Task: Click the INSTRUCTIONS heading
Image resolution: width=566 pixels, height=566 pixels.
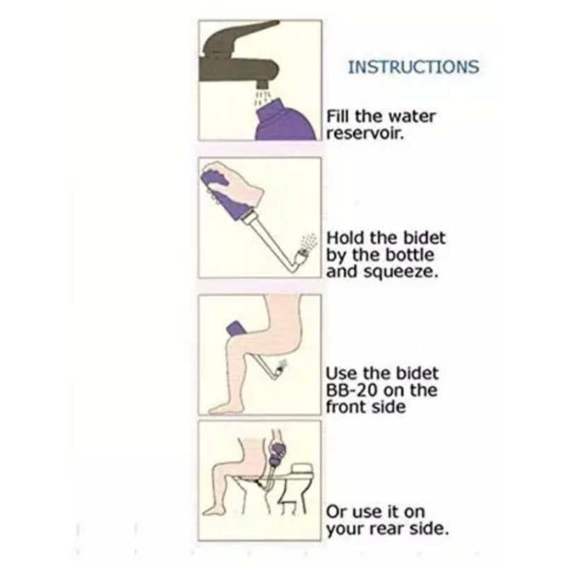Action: (414, 67)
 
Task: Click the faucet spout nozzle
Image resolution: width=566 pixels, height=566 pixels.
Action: (262, 84)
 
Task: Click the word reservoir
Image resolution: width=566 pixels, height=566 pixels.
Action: (364, 134)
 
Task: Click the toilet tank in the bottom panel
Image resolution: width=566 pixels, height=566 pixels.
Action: (302, 469)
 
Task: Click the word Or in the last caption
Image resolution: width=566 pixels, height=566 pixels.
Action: (336, 512)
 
